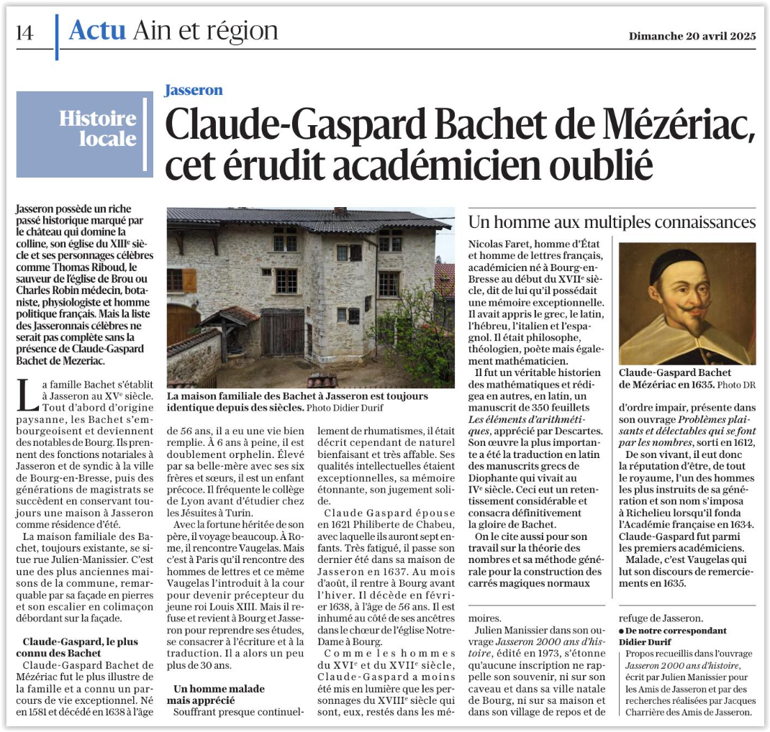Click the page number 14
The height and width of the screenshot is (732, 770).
coord(25,33)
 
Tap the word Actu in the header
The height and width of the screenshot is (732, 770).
coord(97,30)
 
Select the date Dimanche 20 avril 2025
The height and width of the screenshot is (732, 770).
coord(692,35)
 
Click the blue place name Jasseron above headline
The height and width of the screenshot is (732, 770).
coord(194,90)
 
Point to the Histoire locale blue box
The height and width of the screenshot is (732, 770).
coord(84,134)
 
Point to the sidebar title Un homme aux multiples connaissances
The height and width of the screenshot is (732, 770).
coord(612,219)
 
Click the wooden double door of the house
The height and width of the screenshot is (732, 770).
coord(282,332)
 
